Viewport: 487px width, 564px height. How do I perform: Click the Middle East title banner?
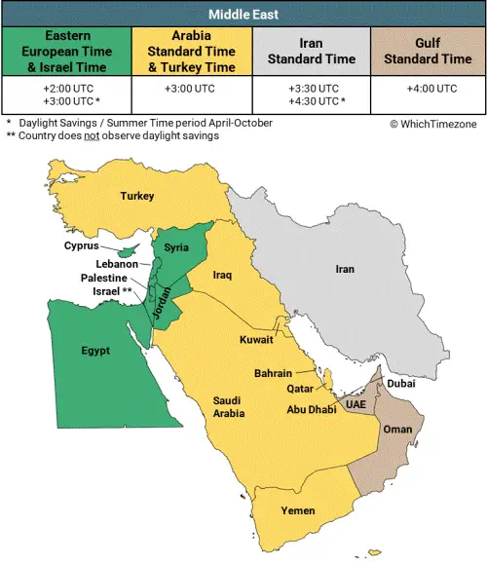click(243, 14)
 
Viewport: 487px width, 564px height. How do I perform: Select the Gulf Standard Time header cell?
click(428, 51)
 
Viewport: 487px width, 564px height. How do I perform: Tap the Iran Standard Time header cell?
click(312, 51)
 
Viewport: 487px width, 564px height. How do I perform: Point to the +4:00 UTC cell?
click(428, 89)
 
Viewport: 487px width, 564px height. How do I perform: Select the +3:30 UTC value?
click(312, 89)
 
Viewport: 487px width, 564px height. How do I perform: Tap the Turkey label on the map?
click(137, 196)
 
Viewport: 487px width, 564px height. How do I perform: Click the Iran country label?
click(345, 268)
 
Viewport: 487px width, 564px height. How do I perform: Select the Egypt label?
click(95, 350)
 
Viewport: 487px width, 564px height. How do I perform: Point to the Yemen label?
click(297, 509)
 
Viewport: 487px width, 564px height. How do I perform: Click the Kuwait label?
click(256, 340)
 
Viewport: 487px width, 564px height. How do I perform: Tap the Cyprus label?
click(82, 245)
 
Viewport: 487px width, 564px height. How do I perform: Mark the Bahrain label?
click(273, 373)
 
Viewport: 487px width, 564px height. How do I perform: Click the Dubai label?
click(400, 383)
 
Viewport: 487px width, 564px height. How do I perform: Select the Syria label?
click(176, 247)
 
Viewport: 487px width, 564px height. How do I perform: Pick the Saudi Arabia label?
click(229, 406)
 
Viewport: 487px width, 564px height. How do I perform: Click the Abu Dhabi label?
click(310, 409)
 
